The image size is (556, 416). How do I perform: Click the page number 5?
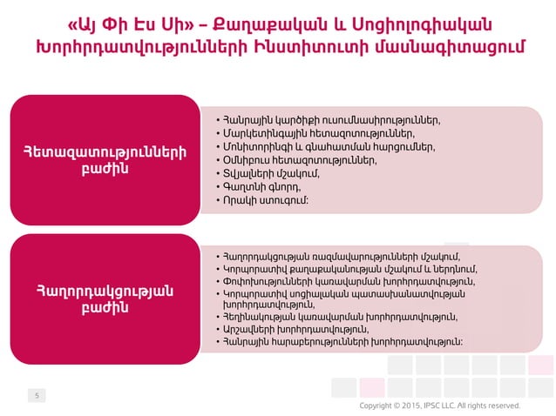(x=37, y=396)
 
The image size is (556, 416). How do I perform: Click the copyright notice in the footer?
(x=440, y=406)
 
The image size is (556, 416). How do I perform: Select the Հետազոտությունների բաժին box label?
(x=105, y=161)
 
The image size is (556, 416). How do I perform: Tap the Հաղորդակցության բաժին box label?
(x=105, y=299)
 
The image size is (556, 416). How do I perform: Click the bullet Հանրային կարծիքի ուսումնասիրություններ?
(x=331, y=119)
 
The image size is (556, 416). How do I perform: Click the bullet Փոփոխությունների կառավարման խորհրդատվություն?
(x=349, y=281)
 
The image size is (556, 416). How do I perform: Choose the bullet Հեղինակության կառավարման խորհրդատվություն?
(x=340, y=317)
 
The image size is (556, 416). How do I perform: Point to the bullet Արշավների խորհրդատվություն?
(x=296, y=329)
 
